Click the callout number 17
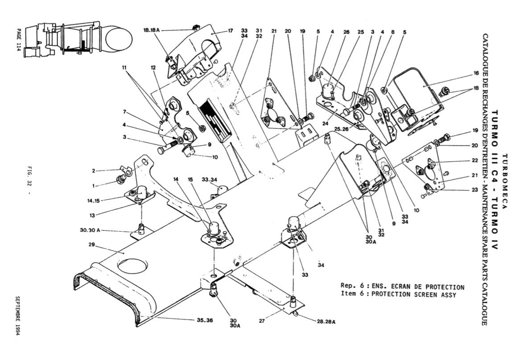pyautogui.click(x=231, y=31)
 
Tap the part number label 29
pyautogui.click(x=92, y=245)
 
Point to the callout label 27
pyautogui.click(x=262, y=320)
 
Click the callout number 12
pyautogui.click(x=153, y=68)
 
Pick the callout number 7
pyautogui.click(x=125, y=111)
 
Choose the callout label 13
pyautogui.click(x=92, y=215)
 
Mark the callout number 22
pyautogui.click(x=475, y=160)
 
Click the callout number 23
pyautogui.click(x=475, y=190)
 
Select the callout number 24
pyautogui.click(x=326, y=124)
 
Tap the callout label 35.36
pyautogui.click(x=205, y=320)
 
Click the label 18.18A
pyautogui.click(x=152, y=30)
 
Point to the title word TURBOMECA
pyautogui.click(x=505, y=182)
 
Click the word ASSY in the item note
pyautogui.click(x=449, y=295)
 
